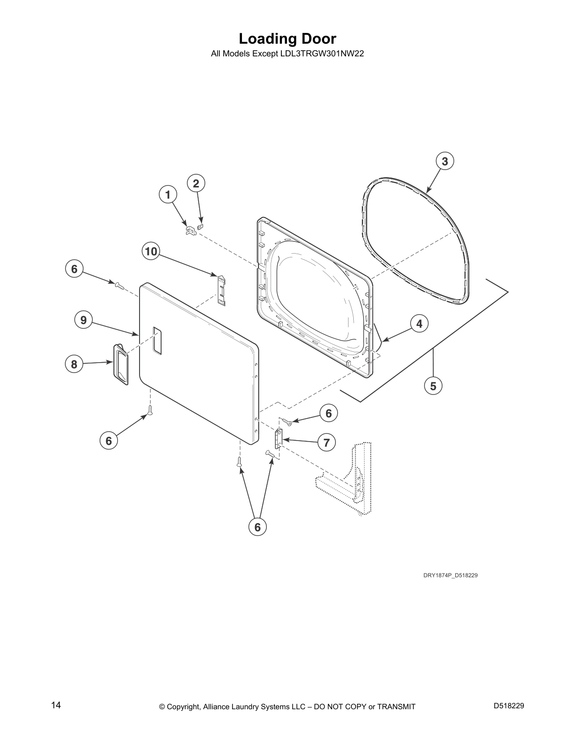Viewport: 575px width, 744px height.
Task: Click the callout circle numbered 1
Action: click(x=168, y=195)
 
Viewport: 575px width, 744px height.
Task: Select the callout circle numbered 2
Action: click(x=196, y=184)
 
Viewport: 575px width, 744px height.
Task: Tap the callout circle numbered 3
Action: click(x=444, y=161)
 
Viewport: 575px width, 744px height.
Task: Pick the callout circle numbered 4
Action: click(x=419, y=324)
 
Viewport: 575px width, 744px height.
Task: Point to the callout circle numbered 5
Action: click(x=433, y=386)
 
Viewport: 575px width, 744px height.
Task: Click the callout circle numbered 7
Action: click(x=326, y=443)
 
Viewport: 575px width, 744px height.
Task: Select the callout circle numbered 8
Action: click(x=74, y=364)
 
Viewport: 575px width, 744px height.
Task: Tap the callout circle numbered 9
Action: click(x=84, y=320)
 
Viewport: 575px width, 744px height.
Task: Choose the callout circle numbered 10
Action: click(x=151, y=252)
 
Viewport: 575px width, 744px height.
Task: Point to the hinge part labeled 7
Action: click(x=279, y=438)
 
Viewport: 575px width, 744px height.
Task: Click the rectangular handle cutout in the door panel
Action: click(x=157, y=340)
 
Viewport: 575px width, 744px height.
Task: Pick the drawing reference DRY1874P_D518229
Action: click(x=451, y=575)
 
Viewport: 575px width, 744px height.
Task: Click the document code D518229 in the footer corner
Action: click(x=509, y=705)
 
